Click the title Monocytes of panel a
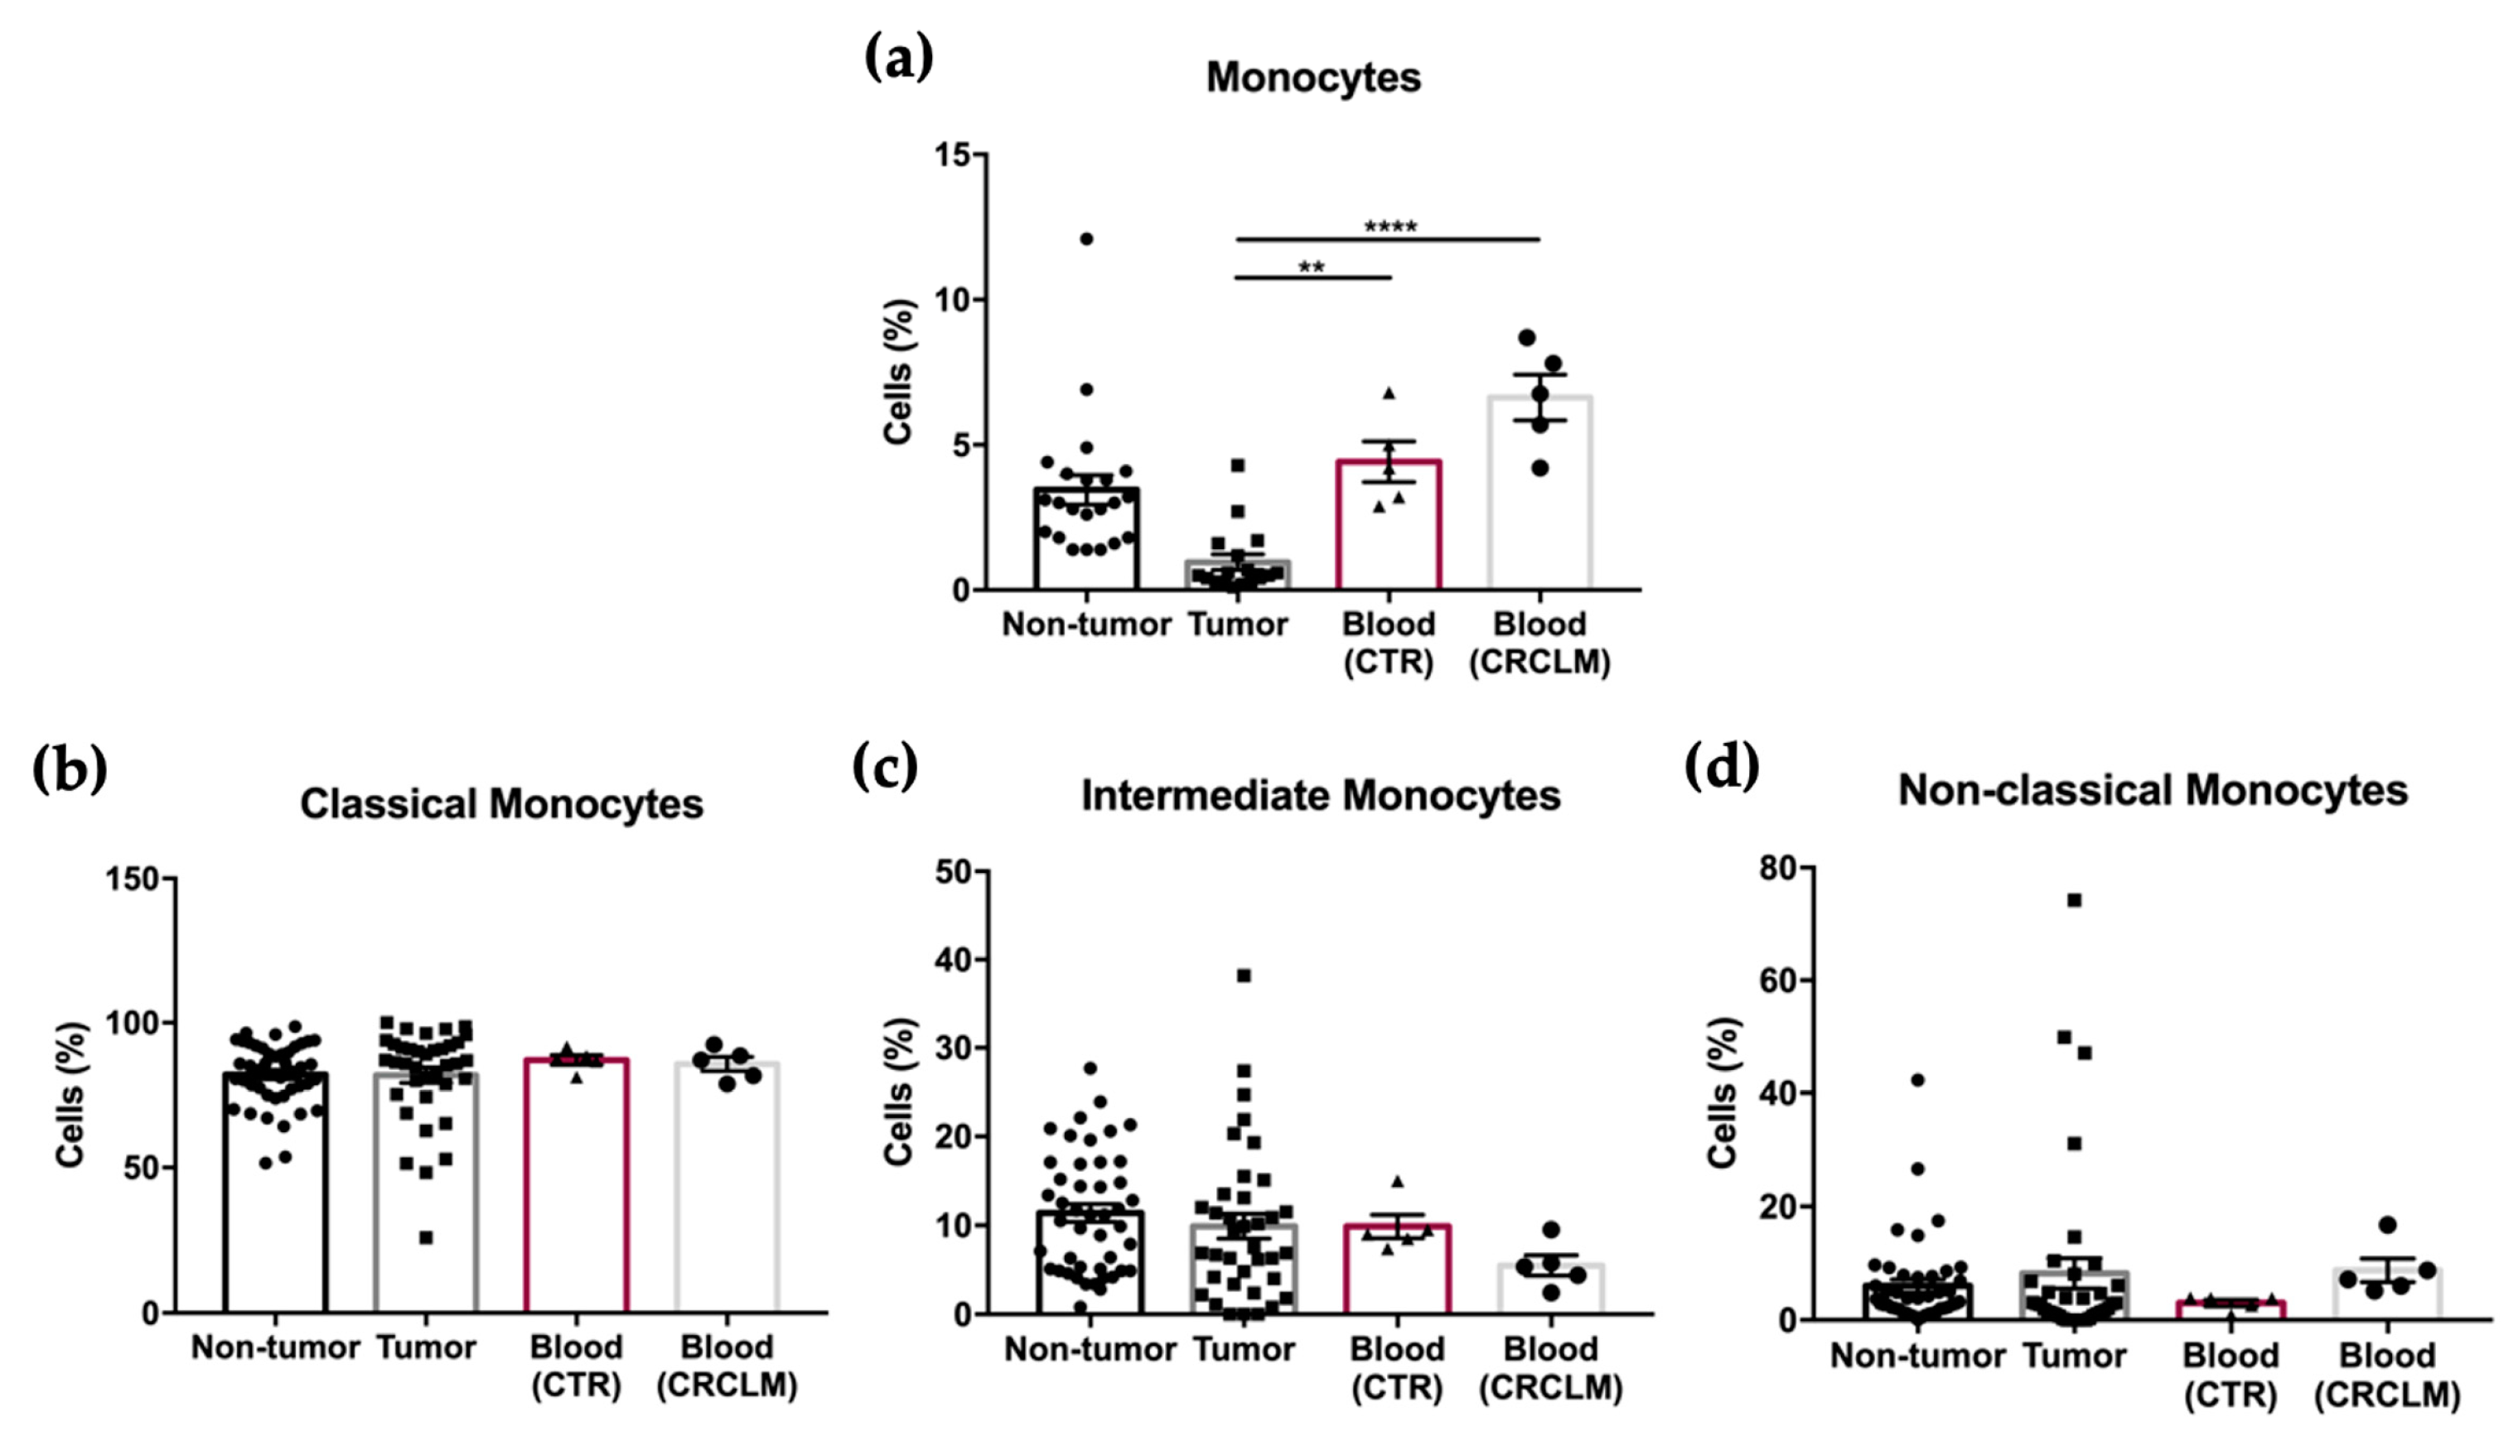click(x=1313, y=78)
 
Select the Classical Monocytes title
click(x=501, y=803)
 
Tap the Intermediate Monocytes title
click(x=1320, y=796)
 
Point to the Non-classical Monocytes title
click(x=2153, y=791)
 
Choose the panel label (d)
click(x=1722, y=767)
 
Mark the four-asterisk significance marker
click(x=1389, y=226)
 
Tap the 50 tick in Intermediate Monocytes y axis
click(x=955, y=872)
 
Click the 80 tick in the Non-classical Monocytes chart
click(x=1780, y=868)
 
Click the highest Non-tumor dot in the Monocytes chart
click(x=1087, y=239)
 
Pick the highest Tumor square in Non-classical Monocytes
click(x=2074, y=899)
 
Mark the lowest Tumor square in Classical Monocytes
click(x=425, y=1237)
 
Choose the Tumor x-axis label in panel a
click(x=1238, y=624)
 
